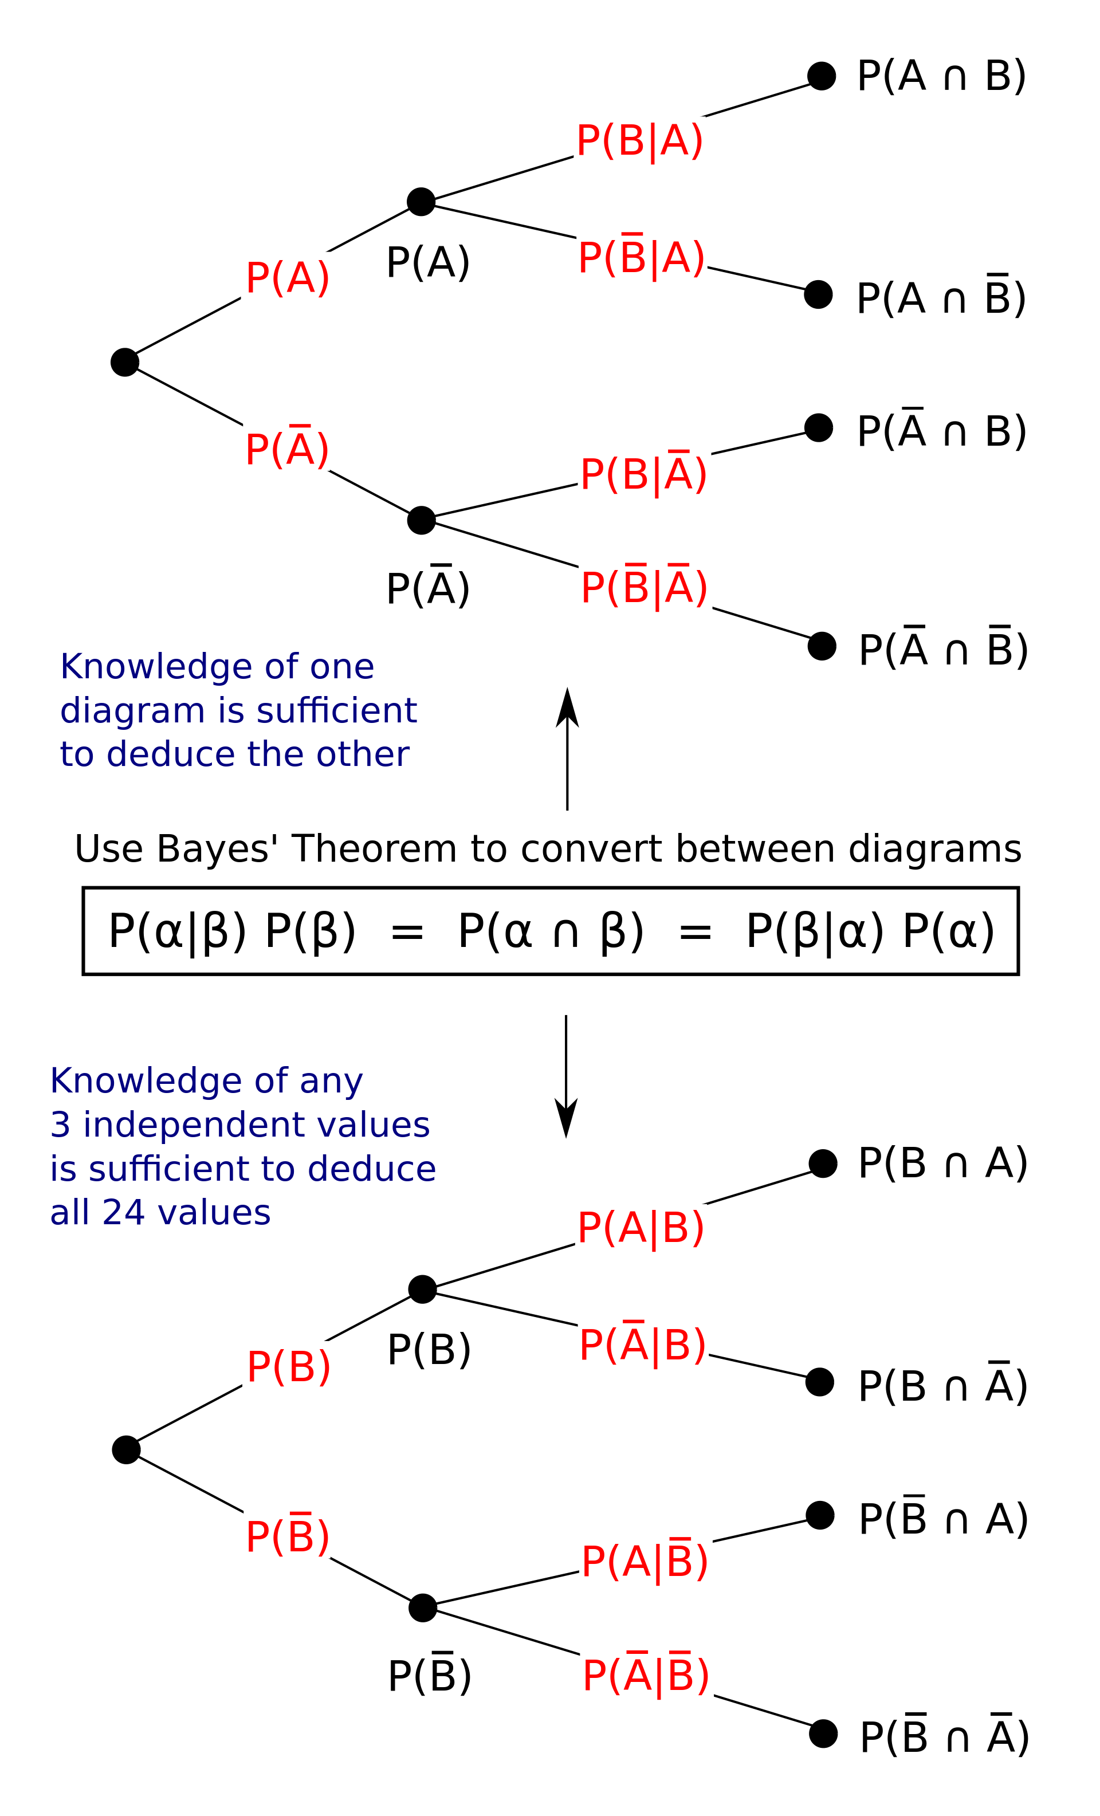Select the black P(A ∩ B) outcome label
[941, 76]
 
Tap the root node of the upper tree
[124, 362]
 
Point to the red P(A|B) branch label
[641, 1227]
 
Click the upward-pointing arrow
[567, 748]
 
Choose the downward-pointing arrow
[565, 1075]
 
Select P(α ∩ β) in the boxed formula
[551, 930]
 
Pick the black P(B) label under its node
[429, 1350]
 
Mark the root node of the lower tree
[126, 1450]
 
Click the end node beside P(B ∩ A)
[823, 1163]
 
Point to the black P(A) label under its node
[427, 262]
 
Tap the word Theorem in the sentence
[375, 848]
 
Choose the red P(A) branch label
[288, 278]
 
